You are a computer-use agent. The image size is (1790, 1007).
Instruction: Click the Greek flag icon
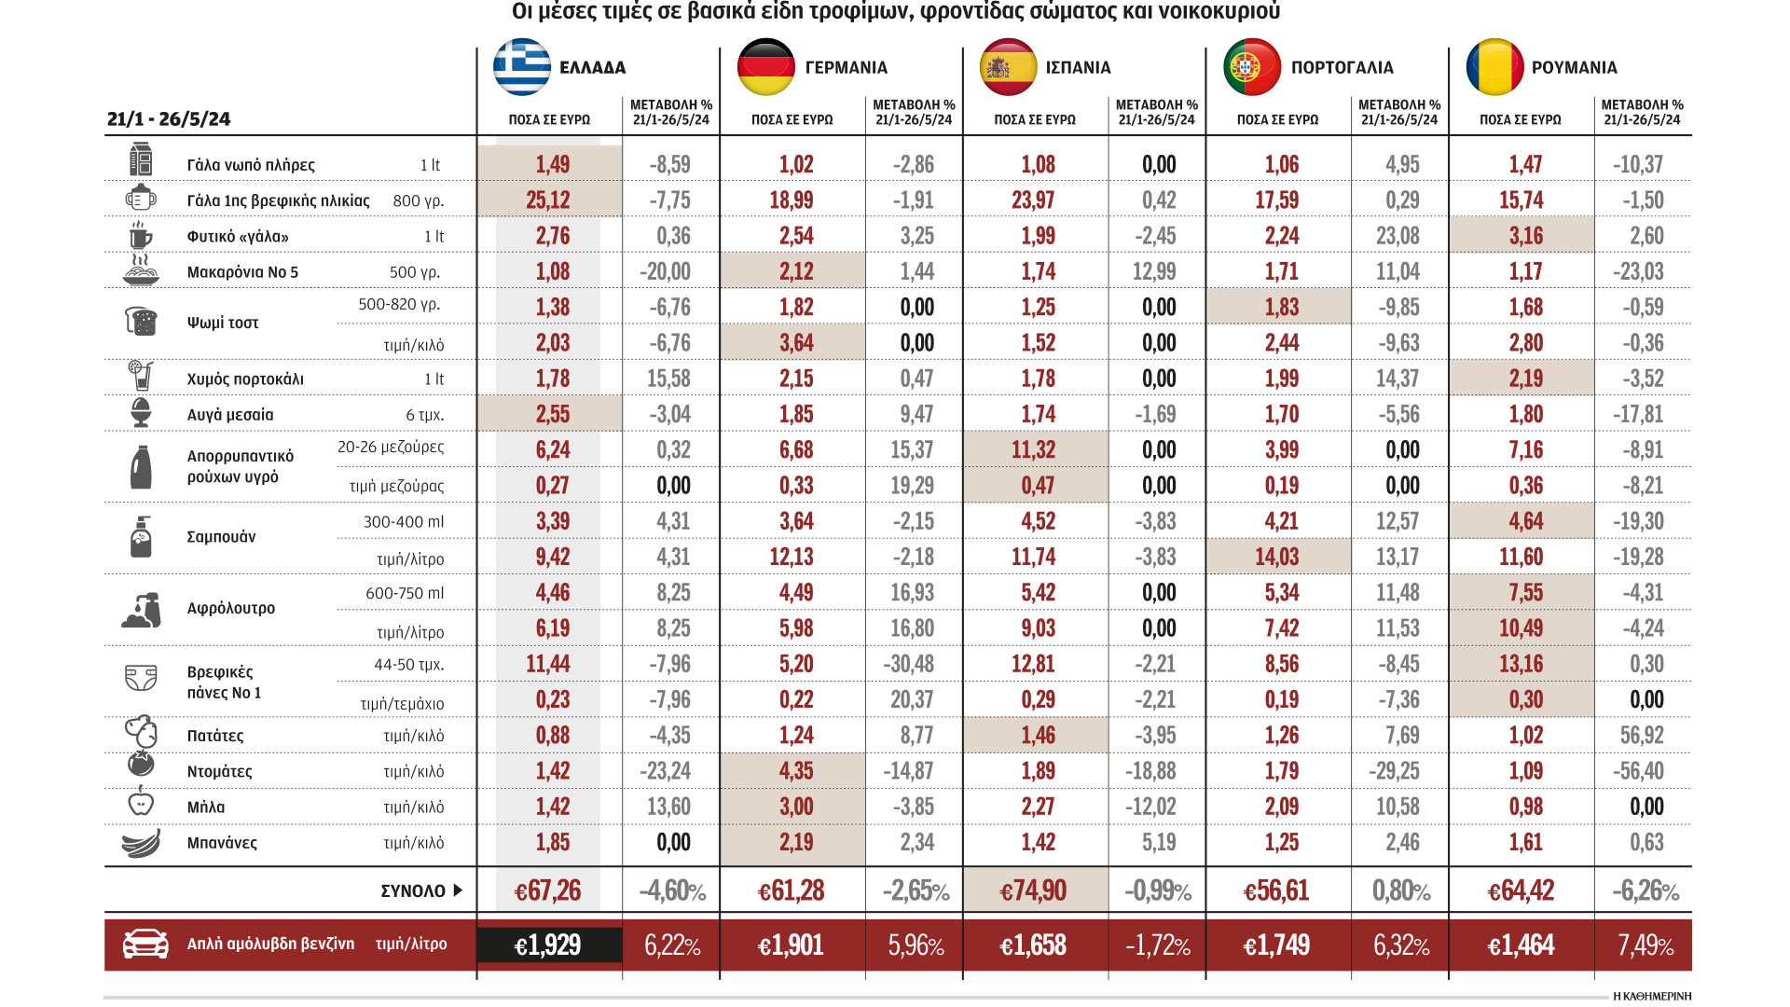(x=522, y=67)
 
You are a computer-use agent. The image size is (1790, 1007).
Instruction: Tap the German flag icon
(x=765, y=67)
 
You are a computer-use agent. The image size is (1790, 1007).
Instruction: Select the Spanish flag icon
(x=1008, y=67)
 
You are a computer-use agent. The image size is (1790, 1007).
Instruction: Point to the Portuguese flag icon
(x=1252, y=67)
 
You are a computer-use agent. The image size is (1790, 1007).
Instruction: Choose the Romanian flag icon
(x=1494, y=67)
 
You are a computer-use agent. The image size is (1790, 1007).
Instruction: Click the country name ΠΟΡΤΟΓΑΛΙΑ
(x=1342, y=68)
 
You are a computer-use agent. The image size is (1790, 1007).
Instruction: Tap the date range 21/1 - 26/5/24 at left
(x=169, y=119)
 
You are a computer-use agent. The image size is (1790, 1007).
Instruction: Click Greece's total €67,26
(x=548, y=891)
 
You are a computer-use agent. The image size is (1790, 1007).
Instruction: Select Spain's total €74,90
(x=1033, y=891)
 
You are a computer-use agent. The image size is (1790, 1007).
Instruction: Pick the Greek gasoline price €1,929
(x=548, y=945)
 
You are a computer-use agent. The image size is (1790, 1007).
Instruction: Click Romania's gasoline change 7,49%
(x=1645, y=945)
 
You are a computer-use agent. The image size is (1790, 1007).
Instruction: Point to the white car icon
(x=145, y=944)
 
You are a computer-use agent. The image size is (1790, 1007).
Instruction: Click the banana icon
(x=141, y=843)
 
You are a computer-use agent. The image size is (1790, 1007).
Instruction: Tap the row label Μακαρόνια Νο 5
(x=242, y=272)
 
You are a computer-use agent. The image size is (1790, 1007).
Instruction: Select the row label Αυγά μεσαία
(x=230, y=415)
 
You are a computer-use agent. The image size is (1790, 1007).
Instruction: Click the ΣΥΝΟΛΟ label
(x=413, y=891)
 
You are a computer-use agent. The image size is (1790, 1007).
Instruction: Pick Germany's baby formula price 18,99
(x=792, y=200)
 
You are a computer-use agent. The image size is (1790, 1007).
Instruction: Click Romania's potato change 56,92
(x=1642, y=736)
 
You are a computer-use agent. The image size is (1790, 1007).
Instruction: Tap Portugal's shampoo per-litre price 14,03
(x=1276, y=558)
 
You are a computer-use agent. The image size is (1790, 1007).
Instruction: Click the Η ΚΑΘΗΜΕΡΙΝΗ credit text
(x=1651, y=996)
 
